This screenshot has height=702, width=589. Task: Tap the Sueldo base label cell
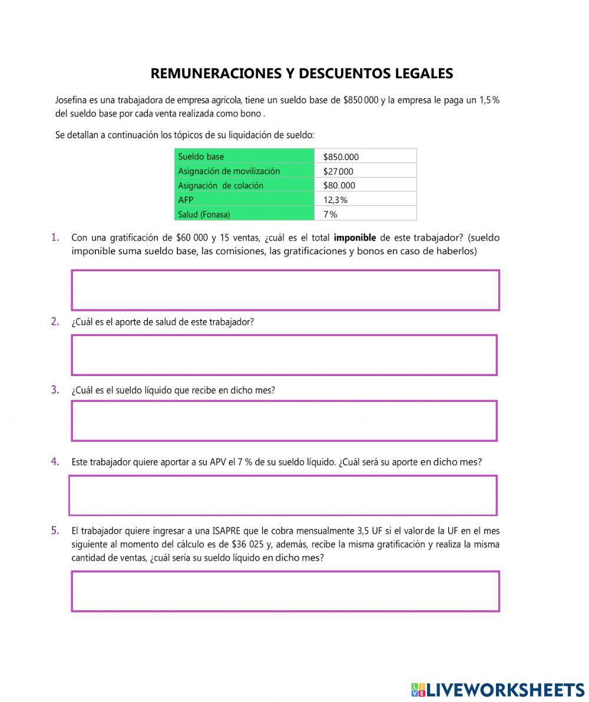[x=244, y=157]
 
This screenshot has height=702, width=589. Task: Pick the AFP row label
[x=244, y=199]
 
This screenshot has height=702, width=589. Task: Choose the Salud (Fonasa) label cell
[x=244, y=214]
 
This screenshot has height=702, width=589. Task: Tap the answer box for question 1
[x=285, y=290]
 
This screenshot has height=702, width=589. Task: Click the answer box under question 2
[x=284, y=355]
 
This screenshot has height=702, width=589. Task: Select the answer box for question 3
[x=284, y=421]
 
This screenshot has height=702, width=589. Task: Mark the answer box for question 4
[x=283, y=495]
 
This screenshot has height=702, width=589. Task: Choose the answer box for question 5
[x=285, y=591]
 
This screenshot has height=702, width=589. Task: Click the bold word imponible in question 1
[x=355, y=238]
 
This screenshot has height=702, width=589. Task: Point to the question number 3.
[x=55, y=390]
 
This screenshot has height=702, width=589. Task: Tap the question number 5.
[x=55, y=530]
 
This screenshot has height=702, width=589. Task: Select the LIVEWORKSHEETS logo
[x=498, y=690]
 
